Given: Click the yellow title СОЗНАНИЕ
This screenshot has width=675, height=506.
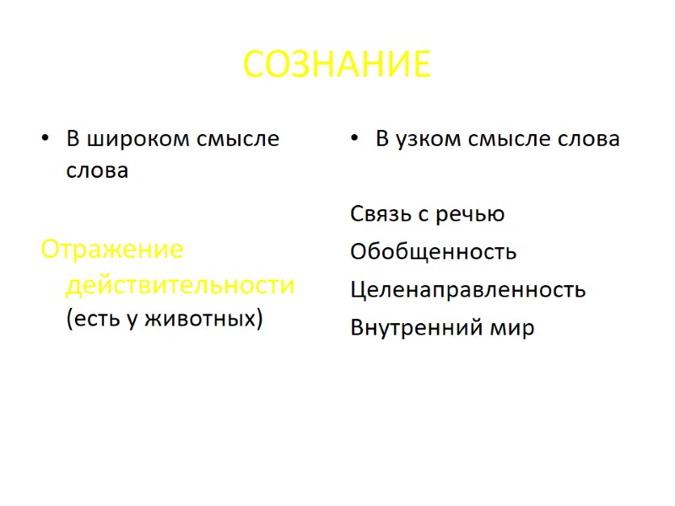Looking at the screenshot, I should click(x=337, y=64).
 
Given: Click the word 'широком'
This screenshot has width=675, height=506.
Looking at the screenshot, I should click(x=135, y=139).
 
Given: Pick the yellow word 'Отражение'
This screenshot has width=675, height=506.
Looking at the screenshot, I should click(x=112, y=250).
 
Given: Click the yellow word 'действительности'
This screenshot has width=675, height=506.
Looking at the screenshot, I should click(x=181, y=285).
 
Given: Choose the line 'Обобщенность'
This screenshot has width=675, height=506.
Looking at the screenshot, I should click(x=433, y=252).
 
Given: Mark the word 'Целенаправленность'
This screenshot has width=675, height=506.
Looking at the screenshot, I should click(x=467, y=290).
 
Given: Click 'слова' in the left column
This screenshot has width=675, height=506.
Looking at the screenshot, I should click(x=98, y=171).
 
